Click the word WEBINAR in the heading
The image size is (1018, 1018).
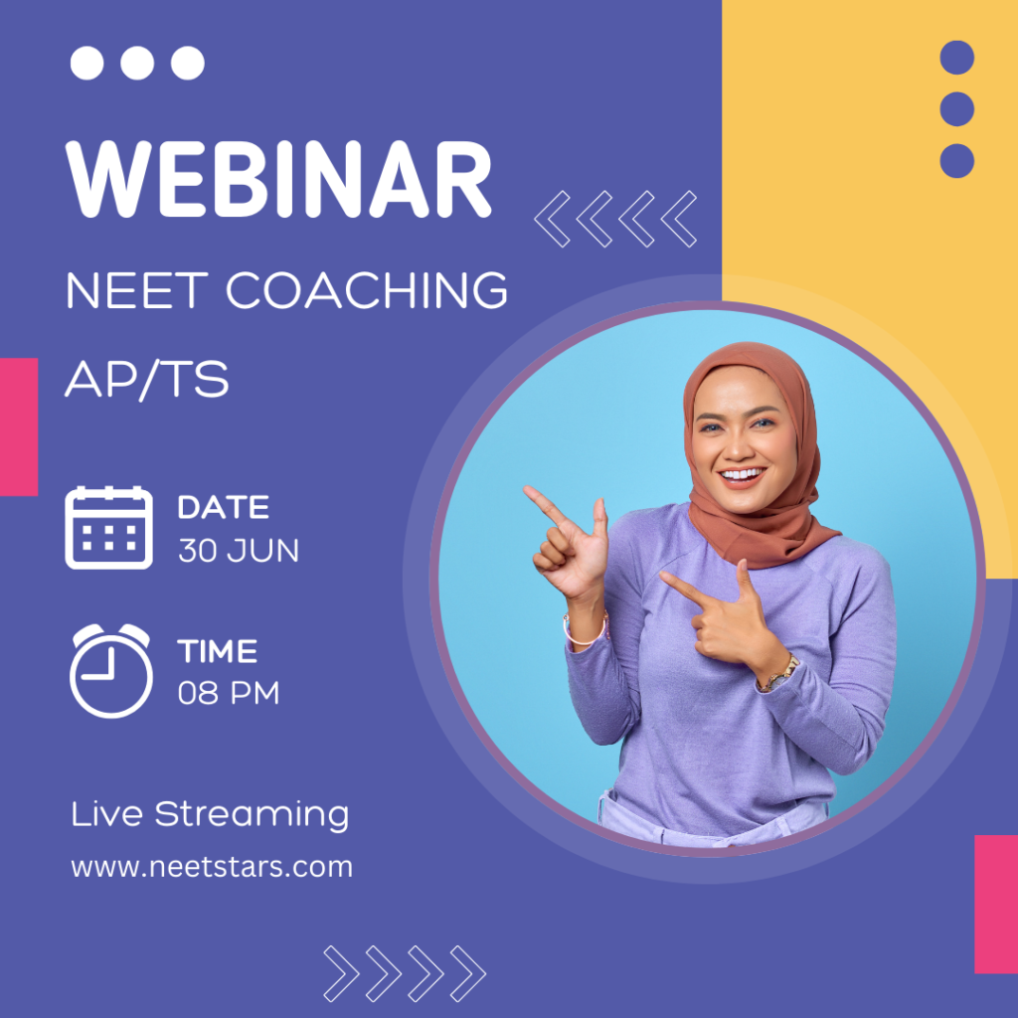278,179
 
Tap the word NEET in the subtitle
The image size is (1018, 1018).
137,290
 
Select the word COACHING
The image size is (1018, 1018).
367,290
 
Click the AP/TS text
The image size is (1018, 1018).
147,379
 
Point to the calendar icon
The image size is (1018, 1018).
109,528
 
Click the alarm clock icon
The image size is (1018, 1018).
111,671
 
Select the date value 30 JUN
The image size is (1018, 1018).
239,551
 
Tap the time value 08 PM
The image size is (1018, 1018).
229,693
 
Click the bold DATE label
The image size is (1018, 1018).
224,507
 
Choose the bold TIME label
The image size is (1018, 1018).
218,651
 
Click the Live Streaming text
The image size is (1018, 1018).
210,815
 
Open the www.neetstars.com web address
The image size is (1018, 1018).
212,867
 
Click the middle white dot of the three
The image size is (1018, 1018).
137,63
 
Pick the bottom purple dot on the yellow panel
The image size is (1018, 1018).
957,161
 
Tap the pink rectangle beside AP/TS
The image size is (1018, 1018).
19,426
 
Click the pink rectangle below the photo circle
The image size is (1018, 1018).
996,905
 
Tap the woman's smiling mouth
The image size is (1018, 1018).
741,475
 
